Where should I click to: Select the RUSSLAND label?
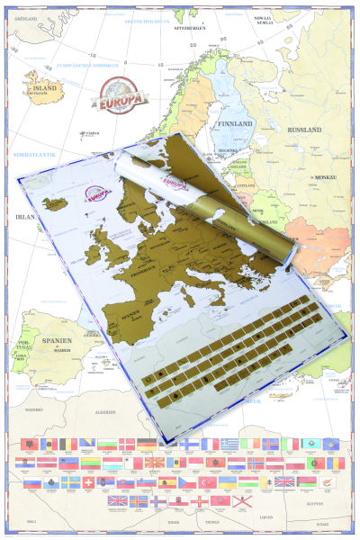(301, 130)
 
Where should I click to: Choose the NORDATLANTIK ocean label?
(33, 154)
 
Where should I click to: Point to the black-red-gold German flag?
(148, 444)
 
